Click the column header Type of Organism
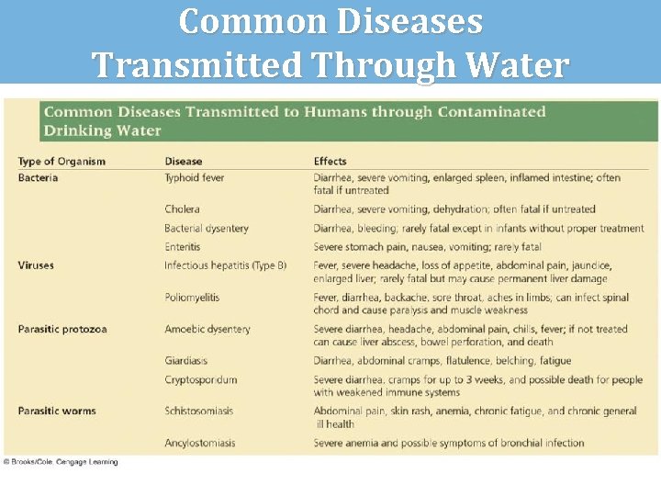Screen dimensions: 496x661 (x=62, y=162)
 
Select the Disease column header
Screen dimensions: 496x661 (x=184, y=162)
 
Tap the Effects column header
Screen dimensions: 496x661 (x=330, y=162)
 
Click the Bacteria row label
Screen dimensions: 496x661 (x=38, y=177)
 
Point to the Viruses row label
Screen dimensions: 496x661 (x=36, y=265)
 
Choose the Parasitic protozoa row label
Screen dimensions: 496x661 (x=62, y=329)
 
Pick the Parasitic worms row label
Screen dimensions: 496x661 (x=57, y=411)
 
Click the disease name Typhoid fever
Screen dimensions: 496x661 (x=195, y=177)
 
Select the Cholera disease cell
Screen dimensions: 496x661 (x=183, y=209)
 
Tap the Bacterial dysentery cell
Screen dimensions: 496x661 (x=207, y=229)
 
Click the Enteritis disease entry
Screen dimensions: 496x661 (x=183, y=247)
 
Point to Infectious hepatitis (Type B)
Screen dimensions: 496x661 (x=226, y=265)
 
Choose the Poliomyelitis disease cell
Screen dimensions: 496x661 (x=192, y=298)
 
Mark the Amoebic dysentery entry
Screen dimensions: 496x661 (x=207, y=329)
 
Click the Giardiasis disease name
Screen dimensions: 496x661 (x=187, y=361)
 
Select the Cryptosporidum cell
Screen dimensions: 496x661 (x=201, y=379)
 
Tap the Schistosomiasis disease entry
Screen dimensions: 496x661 (x=199, y=411)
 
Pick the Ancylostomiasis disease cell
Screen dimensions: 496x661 (x=200, y=443)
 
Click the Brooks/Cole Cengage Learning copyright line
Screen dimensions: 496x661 (x=61, y=462)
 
